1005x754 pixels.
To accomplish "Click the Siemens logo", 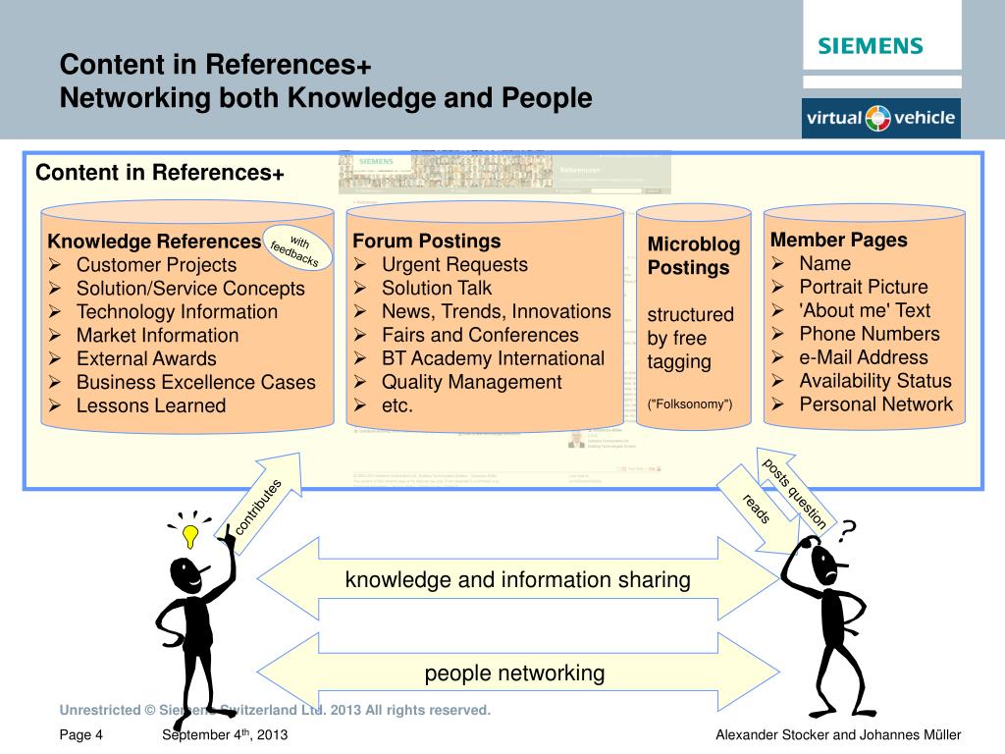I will (x=871, y=46).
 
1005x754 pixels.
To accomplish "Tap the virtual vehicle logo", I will (x=880, y=119).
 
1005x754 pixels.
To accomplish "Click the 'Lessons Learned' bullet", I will (x=151, y=405).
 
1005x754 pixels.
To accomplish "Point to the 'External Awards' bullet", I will (x=146, y=358).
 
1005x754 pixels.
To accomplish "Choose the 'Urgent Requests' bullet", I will (x=454, y=264).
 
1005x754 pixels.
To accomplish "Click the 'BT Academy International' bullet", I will (x=493, y=358).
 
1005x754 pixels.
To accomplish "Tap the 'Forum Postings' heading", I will (x=427, y=241).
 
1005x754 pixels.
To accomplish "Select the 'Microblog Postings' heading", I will (x=693, y=255).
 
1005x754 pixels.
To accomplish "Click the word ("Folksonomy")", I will (x=690, y=404).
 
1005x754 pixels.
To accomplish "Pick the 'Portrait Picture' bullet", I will (x=863, y=287).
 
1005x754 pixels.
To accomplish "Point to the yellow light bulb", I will (x=190, y=534).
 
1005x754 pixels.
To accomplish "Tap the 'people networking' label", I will (x=514, y=673).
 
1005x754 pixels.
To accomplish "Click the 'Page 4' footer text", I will (x=80, y=735).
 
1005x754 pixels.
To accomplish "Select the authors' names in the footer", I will (x=838, y=735).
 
